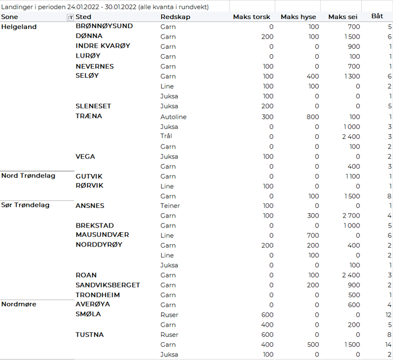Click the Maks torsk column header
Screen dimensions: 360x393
pyautogui.click(x=251, y=17)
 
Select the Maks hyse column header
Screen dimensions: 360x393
pyautogui.click(x=298, y=17)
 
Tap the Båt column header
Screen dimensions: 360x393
pyautogui.click(x=377, y=17)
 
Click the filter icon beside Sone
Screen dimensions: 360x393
pyautogui.click(x=70, y=17)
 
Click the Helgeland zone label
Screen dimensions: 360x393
pyautogui.click(x=19, y=27)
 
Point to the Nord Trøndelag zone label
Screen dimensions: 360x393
pyautogui.click(x=28, y=176)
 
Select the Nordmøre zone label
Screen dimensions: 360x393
pyautogui.click(x=19, y=304)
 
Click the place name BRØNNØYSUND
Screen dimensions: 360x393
pyautogui.click(x=104, y=26)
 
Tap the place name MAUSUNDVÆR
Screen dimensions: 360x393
pyautogui.click(x=102, y=235)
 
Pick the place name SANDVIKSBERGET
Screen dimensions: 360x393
pyautogui.click(x=108, y=285)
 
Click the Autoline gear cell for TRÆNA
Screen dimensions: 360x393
pyautogui.click(x=173, y=117)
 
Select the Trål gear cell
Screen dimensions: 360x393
pyautogui.click(x=166, y=137)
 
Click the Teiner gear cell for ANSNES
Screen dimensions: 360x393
pyautogui.click(x=170, y=206)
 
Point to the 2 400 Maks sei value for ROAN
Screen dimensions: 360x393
pyautogui.click(x=350, y=275)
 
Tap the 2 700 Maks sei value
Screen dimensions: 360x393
pyautogui.click(x=350, y=216)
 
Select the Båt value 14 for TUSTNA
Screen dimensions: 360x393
pyautogui.click(x=388, y=344)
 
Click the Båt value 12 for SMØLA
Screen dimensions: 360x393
pyautogui.click(x=388, y=315)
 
